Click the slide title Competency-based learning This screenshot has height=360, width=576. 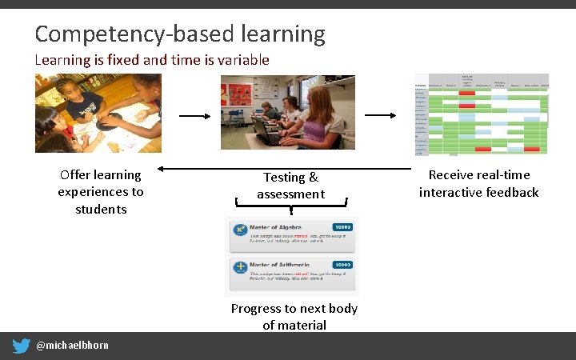pyautogui.click(x=180, y=34)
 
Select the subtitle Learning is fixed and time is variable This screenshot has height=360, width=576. pyautogui.click(x=152, y=60)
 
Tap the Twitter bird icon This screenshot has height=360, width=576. pyautogui.click(x=22, y=346)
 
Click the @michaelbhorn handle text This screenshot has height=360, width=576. pyautogui.click(x=73, y=346)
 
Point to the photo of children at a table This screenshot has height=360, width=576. pyautogui.click(x=98, y=112)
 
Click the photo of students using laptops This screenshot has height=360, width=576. pyautogui.click(x=288, y=112)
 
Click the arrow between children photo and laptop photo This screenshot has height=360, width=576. pyautogui.click(x=194, y=116)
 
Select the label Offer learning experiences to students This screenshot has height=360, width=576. pyautogui.click(x=101, y=192)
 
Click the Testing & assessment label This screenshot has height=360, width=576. pyautogui.click(x=290, y=186)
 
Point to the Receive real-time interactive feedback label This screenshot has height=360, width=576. pyautogui.click(x=478, y=183)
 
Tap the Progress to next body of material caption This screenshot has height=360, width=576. pyautogui.click(x=294, y=317)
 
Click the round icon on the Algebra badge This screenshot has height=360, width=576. pyautogui.click(x=239, y=230)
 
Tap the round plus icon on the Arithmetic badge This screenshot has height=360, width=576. pyautogui.click(x=239, y=267)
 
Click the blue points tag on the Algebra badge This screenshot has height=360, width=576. pyautogui.click(x=342, y=227)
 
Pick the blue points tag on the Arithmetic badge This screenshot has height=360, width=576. pyautogui.click(x=342, y=265)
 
